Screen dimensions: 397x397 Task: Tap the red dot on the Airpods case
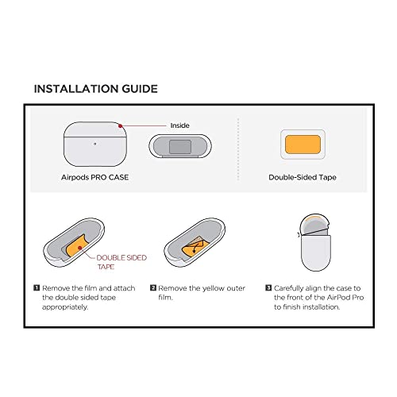tap(119, 125)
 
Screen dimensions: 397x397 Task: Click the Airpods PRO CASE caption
tap(94, 177)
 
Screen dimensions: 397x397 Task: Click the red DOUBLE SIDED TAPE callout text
tap(117, 263)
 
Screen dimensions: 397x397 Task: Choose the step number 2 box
tap(153, 288)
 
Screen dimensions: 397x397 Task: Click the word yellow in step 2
tap(212, 288)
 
